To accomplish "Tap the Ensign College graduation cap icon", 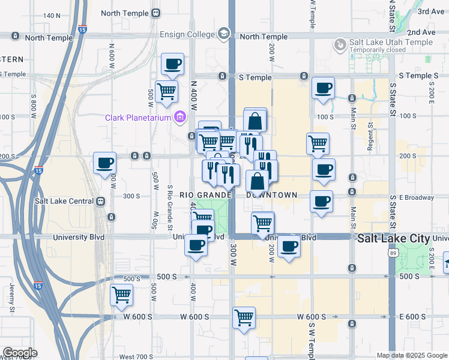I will [224, 33].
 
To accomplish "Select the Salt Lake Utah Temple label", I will [391, 43].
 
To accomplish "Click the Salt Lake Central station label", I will [62, 202].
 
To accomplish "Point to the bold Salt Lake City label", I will [393, 238].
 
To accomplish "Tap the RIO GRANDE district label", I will [205, 195].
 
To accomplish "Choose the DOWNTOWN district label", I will [271, 195].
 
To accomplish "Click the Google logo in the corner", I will [19, 353].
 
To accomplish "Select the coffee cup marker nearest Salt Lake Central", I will [104, 163].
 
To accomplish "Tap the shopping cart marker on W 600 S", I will [244, 317].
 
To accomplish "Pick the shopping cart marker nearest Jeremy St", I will [121, 295].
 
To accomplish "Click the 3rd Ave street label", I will [430, 11].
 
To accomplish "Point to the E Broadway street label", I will [420, 197].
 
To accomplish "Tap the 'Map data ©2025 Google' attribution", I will [412, 355].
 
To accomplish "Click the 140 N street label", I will [52, 16].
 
